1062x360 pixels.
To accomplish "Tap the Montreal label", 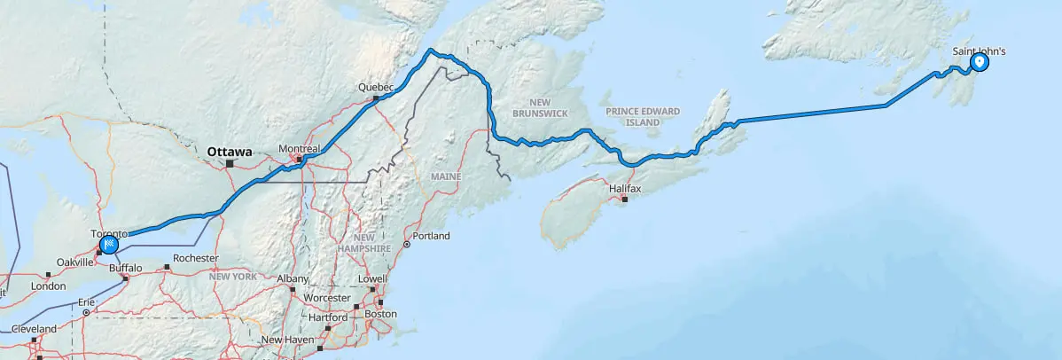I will click(x=298, y=148).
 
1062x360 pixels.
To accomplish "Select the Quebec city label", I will click(x=374, y=87).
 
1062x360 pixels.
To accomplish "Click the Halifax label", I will click(x=625, y=189).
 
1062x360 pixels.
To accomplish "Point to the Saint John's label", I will click(x=979, y=51).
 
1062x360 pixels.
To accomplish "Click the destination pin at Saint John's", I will click(x=980, y=63).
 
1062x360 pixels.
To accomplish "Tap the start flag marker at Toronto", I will click(x=109, y=244).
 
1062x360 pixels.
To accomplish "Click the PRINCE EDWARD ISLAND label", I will click(x=644, y=116).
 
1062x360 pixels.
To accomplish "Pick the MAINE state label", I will click(x=447, y=178).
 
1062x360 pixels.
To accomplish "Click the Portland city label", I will click(x=431, y=236).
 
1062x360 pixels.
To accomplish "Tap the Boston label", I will click(x=380, y=315).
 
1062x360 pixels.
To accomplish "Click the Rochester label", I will click(x=196, y=258).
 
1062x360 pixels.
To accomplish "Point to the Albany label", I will click(x=293, y=278).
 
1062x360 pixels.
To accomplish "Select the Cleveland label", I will click(x=34, y=329).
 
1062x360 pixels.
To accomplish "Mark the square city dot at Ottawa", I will click(x=229, y=163).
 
